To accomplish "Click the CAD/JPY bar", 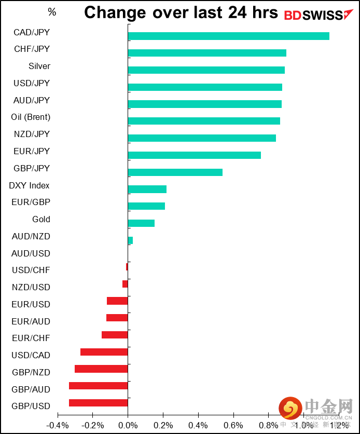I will [228, 36].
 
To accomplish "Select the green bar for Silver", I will [206, 70].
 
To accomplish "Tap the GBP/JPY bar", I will [175, 172].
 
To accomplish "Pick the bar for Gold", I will [141, 223].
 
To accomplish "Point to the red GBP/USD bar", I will [98, 403].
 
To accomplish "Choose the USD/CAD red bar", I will [104, 352].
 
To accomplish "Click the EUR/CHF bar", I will [115, 335].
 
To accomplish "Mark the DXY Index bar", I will [147, 189].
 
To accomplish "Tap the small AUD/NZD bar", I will [130, 240].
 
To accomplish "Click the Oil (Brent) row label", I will [31, 117].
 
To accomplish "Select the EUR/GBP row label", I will [31, 202].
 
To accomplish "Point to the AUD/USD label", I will [31, 253].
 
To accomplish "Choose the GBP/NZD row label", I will [31, 372].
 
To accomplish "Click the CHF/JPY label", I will [32, 49].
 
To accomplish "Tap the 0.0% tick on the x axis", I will [128, 425].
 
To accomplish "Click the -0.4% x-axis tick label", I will [57, 425].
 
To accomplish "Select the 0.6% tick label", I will [233, 425].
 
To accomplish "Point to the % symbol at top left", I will [52, 12].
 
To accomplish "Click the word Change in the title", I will [116, 12].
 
